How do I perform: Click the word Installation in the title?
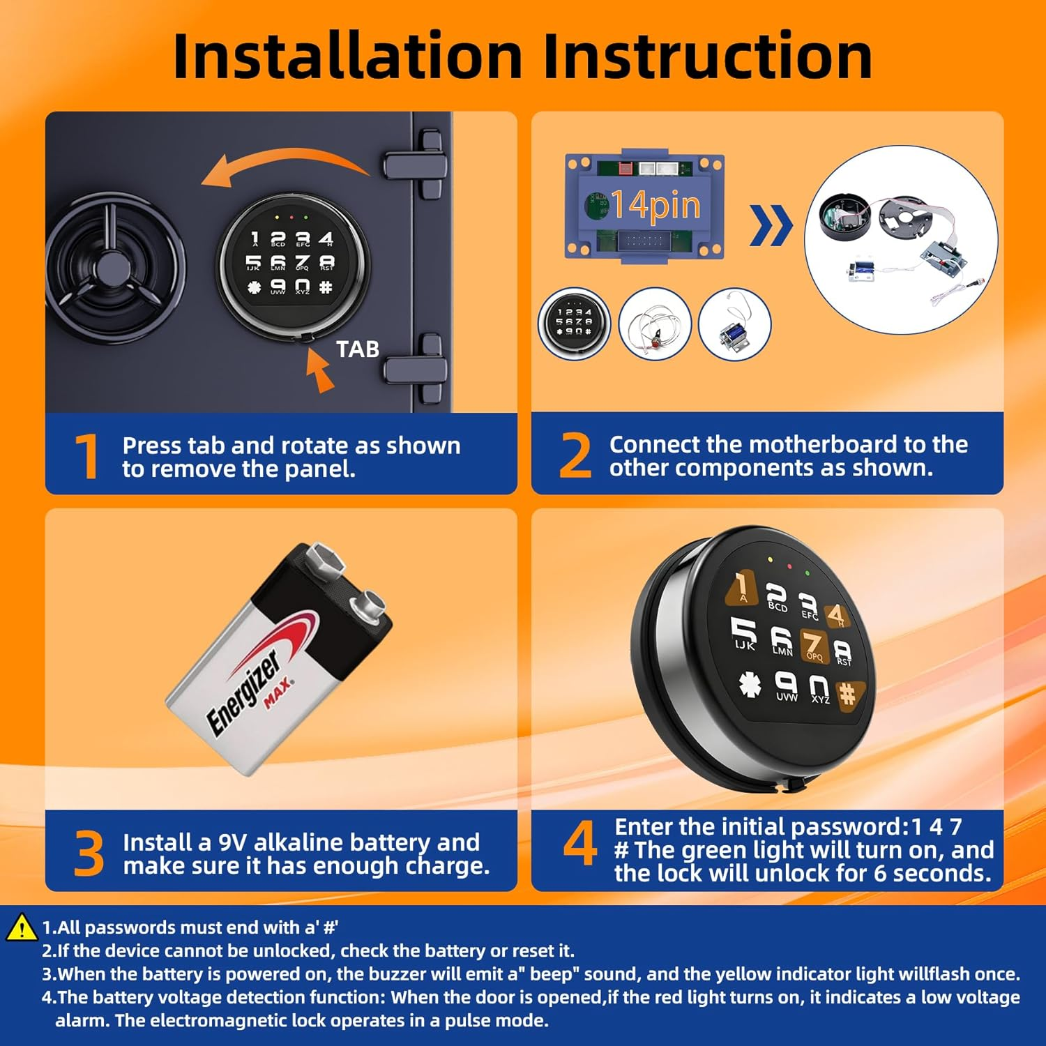click(x=347, y=56)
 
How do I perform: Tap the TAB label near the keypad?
click(x=358, y=349)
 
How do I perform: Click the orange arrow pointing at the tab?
click(x=319, y=370)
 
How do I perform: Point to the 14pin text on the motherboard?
click(x=655, y=204)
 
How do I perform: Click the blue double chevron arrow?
click(x=771, y=225)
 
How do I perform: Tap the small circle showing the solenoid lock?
click(x=735, y=325)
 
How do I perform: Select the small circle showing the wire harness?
click(x=655, y=325)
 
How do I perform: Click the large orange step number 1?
click(x=88, y=456)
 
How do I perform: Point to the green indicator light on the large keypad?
click(x=808, y=573)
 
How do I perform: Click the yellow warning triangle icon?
click(x=22, y=927)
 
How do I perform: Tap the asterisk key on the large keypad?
click(x=750, y=684)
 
